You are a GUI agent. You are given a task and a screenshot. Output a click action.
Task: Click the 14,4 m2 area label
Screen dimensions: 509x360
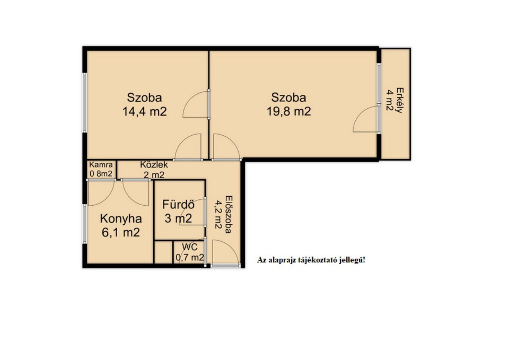[x=144, y=111]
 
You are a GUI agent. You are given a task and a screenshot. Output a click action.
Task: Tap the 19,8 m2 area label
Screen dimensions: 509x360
[x=289, y=111]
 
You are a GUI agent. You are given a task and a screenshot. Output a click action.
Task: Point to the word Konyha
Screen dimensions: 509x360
[x=121, y=219]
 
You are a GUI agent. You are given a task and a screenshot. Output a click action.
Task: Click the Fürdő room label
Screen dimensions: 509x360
[x=178, y=204]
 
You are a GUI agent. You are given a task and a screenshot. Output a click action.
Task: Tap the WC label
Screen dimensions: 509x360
[x=190, y=247]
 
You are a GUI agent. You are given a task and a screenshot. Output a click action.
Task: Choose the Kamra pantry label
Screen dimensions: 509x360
[x=101, y=165]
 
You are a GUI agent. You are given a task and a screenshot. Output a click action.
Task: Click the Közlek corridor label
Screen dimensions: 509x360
[x=154, y=165]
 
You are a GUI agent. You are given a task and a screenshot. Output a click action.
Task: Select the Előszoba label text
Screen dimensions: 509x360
[x=228, y=214]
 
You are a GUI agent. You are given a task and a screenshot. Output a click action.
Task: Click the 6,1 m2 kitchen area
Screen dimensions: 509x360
[x=121, y=233]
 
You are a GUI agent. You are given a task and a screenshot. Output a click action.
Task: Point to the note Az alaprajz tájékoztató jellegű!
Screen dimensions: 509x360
[x=311, y=260]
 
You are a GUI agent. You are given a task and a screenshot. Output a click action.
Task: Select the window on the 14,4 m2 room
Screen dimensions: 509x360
[x=84, y=102]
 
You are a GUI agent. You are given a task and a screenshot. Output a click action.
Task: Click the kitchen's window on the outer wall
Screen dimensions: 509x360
[x=84, y=224]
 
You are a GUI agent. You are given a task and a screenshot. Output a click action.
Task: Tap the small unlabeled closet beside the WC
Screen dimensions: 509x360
[x=163, y=252]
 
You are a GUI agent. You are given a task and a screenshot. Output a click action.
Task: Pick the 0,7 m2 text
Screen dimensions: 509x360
[x=190, y=257]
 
